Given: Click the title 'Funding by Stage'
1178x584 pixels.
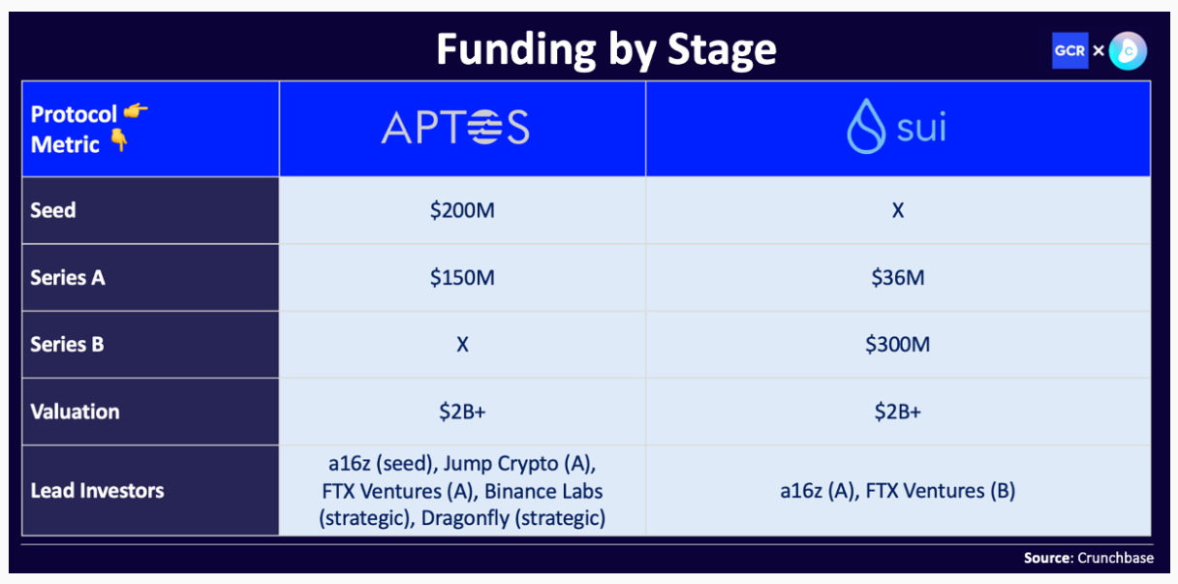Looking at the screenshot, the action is click(606, 50).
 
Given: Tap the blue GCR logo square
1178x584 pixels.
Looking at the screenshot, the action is click(1069, 50).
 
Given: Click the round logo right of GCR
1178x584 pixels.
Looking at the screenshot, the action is click(1128, 51).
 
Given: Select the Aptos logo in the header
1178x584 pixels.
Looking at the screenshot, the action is click(455, 127).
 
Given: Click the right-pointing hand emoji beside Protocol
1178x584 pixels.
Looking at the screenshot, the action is click(136, 111).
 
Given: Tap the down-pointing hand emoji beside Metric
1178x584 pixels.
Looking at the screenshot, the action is click(119, 140).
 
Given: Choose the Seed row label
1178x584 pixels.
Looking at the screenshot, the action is click(53, 210).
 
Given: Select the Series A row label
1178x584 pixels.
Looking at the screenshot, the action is click(68, 278).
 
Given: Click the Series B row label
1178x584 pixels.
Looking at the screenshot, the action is click(67, 345).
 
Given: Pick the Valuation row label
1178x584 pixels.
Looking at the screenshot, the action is click(76, 412).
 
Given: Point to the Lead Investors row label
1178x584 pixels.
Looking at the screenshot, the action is click(97, 490).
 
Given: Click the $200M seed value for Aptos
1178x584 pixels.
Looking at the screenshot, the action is click(462, 210).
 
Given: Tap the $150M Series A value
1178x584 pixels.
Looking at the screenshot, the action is click(462, 278).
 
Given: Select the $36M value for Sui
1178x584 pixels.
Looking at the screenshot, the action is click(898, 278).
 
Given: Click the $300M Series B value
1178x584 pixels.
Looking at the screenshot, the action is click(898, 345).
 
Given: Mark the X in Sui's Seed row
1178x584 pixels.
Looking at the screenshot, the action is click(898, 211).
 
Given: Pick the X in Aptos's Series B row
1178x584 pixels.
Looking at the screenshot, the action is click(462, 345).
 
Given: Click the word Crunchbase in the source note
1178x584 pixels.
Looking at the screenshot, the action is click(1115, 558).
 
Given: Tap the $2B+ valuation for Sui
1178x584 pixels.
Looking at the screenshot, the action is click(898, 412).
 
